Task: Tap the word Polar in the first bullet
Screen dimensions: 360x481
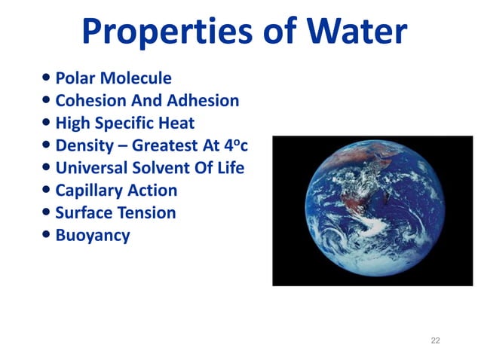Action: click(x=75, y=78)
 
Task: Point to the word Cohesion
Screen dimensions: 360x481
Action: click(x=93, y=100)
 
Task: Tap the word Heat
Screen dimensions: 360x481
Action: click(x=176, y=123)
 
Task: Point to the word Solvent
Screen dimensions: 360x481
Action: click(x=179, y=168)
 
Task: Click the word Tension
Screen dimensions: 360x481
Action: click(x=147, y=213)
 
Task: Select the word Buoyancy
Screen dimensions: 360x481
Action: click(x=93, y=236)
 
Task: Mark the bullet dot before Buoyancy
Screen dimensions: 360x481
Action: click(x=47, y=236)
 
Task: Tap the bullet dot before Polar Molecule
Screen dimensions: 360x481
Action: click(x=47, y=78)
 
